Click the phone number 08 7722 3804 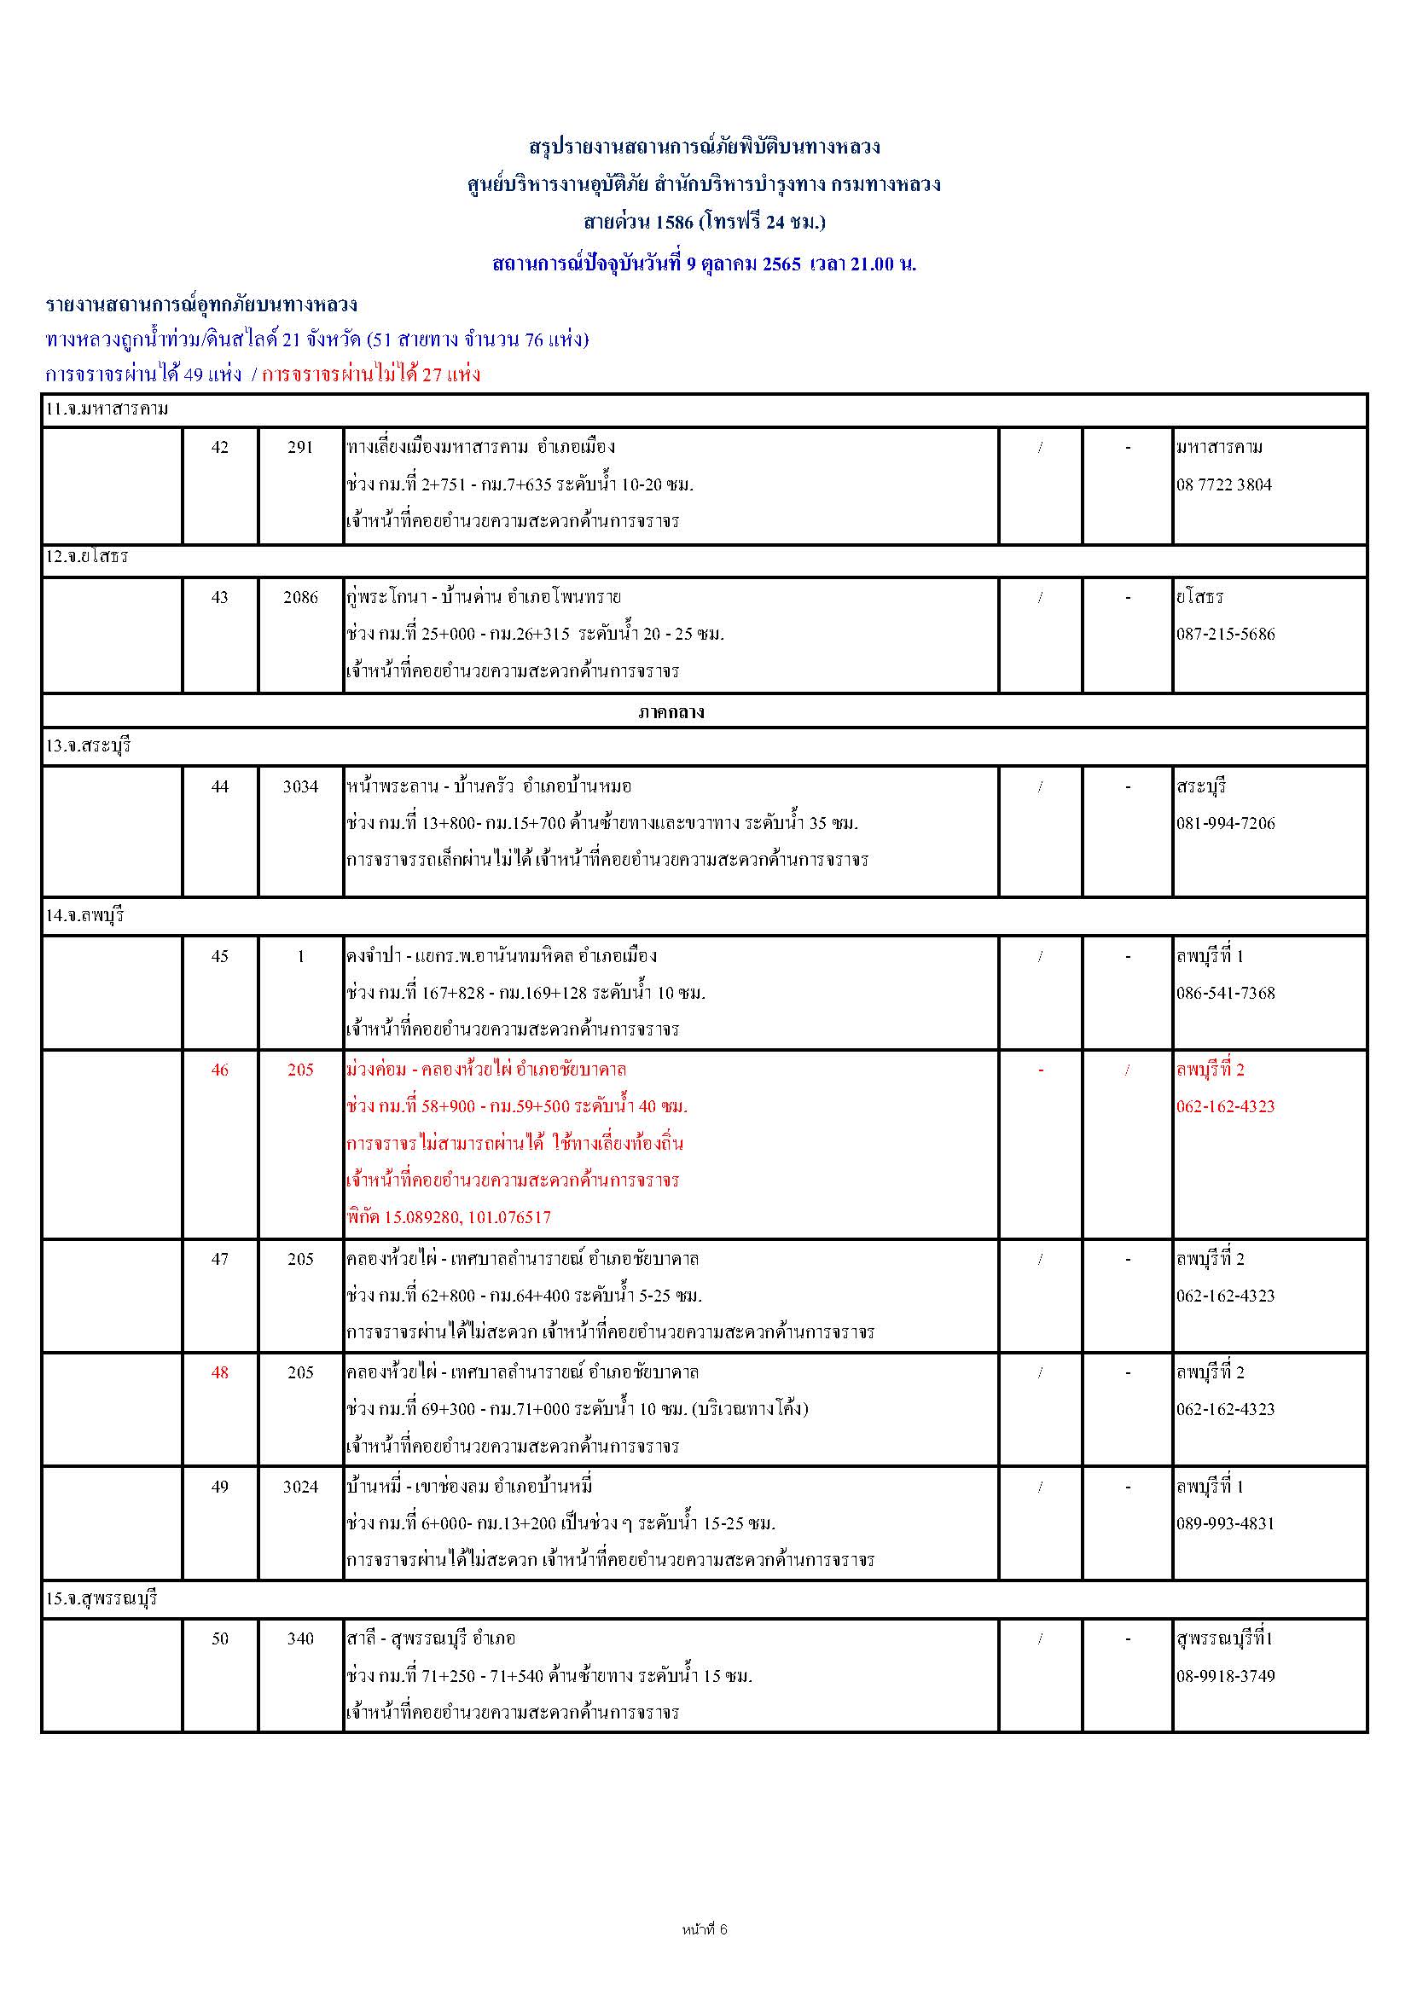tap(1223, 484)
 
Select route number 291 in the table tap(299, 448)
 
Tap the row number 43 tap(220, 597)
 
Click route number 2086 tap(300, 597)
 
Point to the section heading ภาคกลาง tap(683, 712)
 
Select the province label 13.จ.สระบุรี tap(89, 746)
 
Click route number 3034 tap(300, 786)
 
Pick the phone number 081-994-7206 tap(1225, 823)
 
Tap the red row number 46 tap(220, 1070)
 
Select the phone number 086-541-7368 tap(1225, 993)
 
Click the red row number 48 tap(220, 1372)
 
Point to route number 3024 tap(300, 1487)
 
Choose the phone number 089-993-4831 tap(1225, 1523)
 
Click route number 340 tap(300, 1638)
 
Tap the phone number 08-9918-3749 tap(1225, 1676)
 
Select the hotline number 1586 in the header tap(674, 223)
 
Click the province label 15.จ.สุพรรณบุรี tap(102, 1598)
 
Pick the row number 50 tap(220, 1638)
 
